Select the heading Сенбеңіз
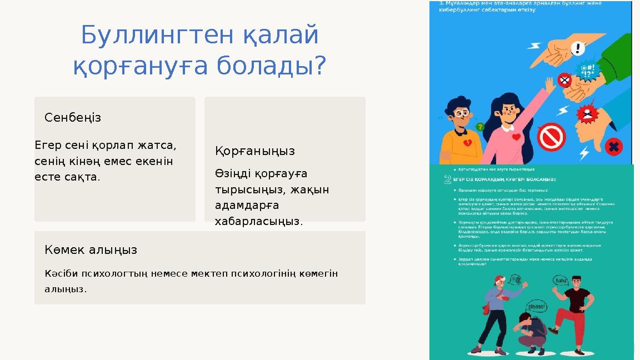pyautogui.click(x=73, y=118)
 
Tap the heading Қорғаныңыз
pyautogui.click(x=255, y=151)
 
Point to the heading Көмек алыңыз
pyautogui.click(x=91, y=250)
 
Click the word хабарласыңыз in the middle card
pyautogui.click(x=259, y=222)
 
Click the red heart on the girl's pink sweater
pyautogui.click(x=516, y=137)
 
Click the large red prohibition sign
pyautogui.click(x=551, y=136)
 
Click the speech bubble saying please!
pyautogui.click(x=536, y=307)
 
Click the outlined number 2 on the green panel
pyautogui.click(x=447, y=180)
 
